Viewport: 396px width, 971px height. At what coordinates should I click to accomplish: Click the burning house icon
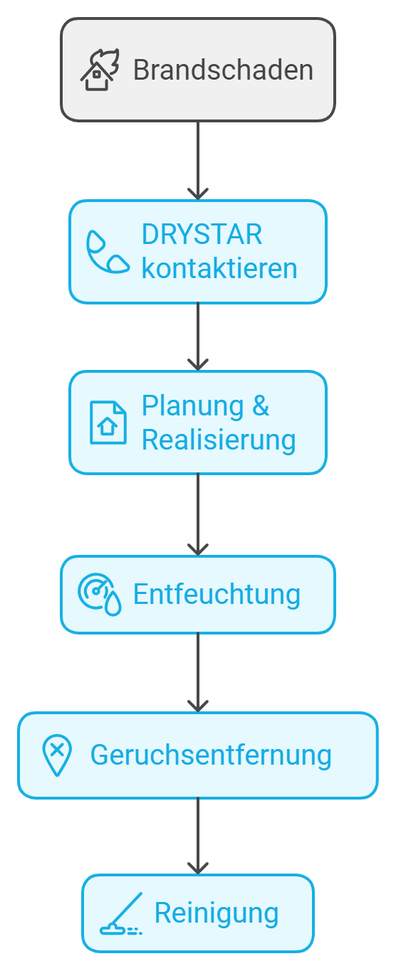click(100, 70)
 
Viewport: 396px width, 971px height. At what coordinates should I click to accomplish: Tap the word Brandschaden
click(223, 70)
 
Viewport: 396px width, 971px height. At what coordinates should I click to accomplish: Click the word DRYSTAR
click(202, 235)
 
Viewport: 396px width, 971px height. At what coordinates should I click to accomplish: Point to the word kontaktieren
click(219, 268)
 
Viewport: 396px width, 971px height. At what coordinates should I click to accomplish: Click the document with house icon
click(108, 423)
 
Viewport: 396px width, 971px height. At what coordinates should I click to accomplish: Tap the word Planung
click(193, 407)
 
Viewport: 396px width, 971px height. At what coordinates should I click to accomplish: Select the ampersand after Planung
click(261, 405)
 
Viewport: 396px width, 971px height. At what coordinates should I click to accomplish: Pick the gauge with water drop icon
click(100, 594)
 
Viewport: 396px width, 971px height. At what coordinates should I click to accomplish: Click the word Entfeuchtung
click(217, 594)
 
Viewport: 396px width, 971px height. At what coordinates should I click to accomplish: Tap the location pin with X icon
click(57, 755)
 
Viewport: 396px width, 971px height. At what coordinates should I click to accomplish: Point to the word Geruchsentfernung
click(211, 755)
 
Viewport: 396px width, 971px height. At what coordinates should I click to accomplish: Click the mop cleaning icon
click(121, 913)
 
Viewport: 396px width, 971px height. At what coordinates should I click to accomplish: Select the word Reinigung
click(217, 913)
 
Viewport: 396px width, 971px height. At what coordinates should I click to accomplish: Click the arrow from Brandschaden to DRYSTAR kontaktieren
click(198, 161)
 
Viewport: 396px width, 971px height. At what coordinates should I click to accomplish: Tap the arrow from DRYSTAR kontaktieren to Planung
click(198, 336)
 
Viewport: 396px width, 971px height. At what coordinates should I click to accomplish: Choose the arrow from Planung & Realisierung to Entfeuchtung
click(198, 514)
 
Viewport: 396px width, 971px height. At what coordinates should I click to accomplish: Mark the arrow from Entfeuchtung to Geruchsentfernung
click(198, 672)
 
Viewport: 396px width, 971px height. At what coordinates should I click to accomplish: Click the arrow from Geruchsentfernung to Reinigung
click(198, 836)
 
